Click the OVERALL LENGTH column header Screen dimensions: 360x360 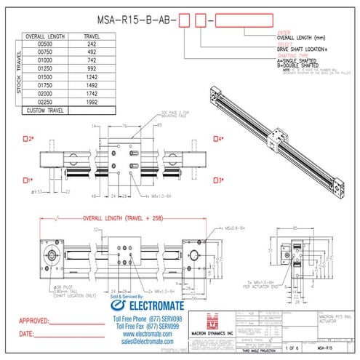45,34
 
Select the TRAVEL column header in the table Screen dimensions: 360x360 92,34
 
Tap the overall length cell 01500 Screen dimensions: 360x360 45,76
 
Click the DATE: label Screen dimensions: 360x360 26,334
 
